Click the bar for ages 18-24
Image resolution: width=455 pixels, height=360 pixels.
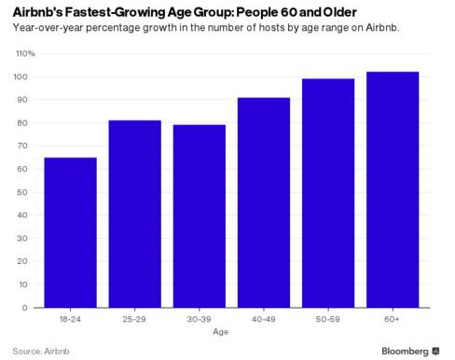click(70, 232)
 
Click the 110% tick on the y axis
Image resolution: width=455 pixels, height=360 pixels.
click(23, 53)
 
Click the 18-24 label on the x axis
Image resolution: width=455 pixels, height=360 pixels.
click(70, 319)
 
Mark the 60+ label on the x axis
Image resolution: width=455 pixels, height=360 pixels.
click(393, 319)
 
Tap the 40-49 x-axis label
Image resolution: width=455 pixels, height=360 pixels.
click(264, 319)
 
